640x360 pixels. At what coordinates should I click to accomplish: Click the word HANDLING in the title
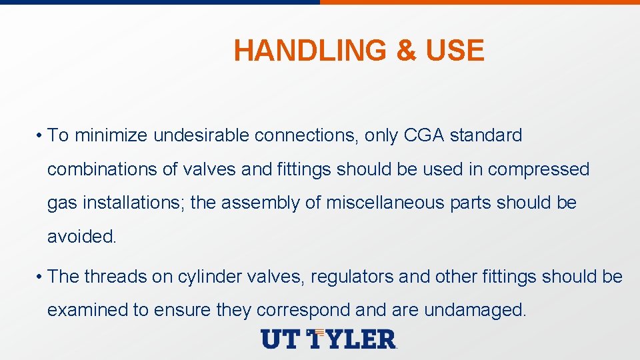(311, 51)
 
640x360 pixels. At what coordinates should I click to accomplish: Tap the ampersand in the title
(405, 51)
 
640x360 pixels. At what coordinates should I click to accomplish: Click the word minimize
(111, 135)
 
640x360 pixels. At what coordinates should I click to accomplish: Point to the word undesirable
(201, 135)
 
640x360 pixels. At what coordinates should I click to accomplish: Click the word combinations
(102, 169)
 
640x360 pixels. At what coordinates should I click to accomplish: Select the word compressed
(539, 169)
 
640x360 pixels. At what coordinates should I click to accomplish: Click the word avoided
(82, 237)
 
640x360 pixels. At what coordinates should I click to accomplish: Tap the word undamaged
(475, 310)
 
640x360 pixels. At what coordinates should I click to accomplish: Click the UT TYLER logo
(329, 339)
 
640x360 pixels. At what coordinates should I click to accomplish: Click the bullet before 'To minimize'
(41, 136)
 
